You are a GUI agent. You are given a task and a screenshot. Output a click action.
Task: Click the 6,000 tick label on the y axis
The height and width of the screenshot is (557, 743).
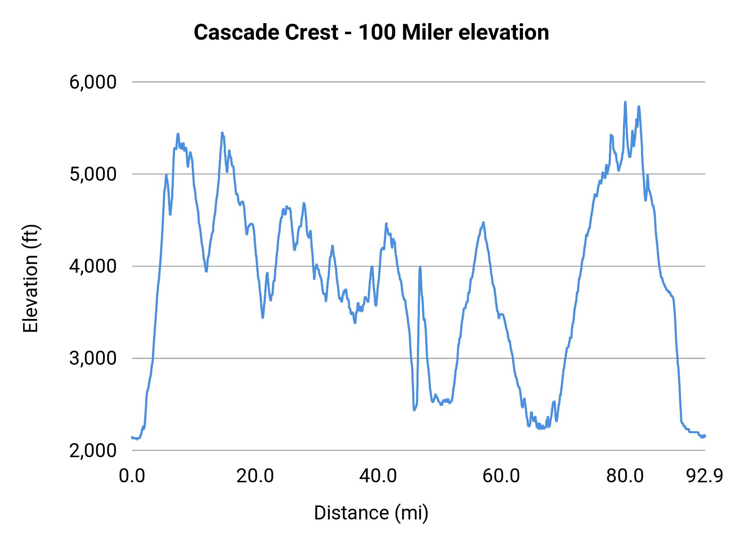93,82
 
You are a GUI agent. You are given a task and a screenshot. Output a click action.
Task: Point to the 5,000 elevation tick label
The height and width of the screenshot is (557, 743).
93,174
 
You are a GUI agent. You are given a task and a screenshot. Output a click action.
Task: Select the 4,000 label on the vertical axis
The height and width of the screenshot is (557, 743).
93,266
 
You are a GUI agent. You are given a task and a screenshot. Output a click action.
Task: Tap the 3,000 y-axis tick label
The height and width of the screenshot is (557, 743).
93,358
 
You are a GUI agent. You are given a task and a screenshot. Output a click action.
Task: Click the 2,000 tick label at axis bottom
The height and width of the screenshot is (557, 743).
93,451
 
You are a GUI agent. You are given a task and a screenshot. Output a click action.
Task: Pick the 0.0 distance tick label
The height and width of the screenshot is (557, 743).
132,476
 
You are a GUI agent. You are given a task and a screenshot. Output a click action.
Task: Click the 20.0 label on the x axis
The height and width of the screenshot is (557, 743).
255,476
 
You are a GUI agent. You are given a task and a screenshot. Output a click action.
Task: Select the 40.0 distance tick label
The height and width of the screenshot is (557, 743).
378,476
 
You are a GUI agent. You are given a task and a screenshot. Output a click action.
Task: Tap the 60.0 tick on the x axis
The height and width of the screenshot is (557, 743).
501,476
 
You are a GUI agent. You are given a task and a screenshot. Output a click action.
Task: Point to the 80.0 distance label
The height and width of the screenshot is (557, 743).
625,476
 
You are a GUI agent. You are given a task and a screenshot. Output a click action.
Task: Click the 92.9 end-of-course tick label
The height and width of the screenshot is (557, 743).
705,476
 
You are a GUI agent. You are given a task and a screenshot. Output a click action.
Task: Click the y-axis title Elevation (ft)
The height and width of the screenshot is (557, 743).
31,278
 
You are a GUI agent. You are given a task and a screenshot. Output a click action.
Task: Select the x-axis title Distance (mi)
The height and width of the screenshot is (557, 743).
371,513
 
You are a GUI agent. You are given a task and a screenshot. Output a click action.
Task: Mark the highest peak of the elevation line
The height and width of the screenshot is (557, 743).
625,102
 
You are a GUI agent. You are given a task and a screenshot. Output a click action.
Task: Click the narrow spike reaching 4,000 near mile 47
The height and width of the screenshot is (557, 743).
420,267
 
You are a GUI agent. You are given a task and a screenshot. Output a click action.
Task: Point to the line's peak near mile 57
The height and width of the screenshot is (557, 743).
483,223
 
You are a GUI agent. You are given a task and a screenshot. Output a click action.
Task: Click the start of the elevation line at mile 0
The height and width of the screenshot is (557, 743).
133,437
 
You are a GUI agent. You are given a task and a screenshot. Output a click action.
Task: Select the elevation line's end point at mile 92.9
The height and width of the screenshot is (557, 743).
705,436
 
